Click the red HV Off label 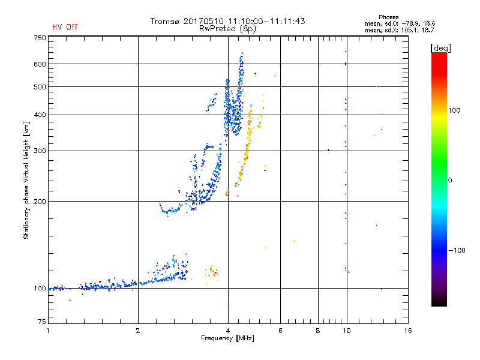(x=65, y=27)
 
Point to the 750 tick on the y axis (x=40, y=38)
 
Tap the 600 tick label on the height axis (x=40, y=64)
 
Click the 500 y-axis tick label (x=40, y=87)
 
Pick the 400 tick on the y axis (x=40, y=115)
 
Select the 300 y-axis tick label (x=40, y=151)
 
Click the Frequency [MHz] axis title (x=227, y=339)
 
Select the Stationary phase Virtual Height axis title (x=26, y=179)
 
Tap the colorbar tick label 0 (x=450, y=180)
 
